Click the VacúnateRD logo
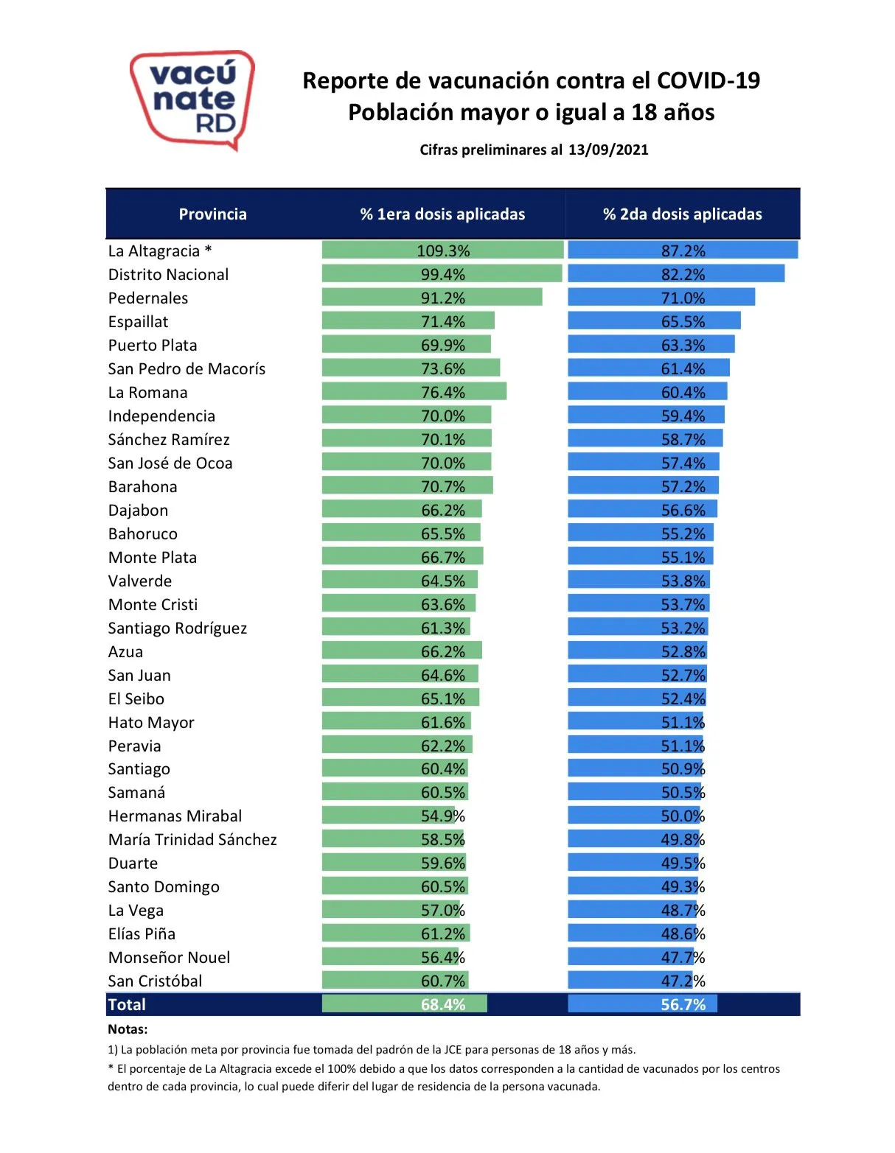tap(192, 99)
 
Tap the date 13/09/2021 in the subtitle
tap(608, 150)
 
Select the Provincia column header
tap(212, 214)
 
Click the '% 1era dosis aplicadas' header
tap(442, 214)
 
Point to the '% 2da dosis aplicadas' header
tap(682, 214)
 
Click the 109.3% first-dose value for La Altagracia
tap(443, 250)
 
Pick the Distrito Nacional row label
tap(168, 275)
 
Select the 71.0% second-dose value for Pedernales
tap(683, 298)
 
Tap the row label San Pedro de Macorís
tap(187, 369)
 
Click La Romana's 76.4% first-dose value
tap(443, 393)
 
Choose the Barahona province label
tap(142, 487)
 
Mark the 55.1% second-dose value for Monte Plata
tap(683, 558)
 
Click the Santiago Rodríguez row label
tap(177, 628)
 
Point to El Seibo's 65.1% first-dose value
tap(443, 698)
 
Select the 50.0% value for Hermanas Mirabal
tap(683, 816)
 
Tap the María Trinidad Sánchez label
tap(192, 840)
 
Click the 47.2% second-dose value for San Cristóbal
tap(683, 981)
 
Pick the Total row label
tap(127, 1005)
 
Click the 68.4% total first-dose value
tap(443, 1005)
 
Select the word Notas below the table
tap(128, 1029)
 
